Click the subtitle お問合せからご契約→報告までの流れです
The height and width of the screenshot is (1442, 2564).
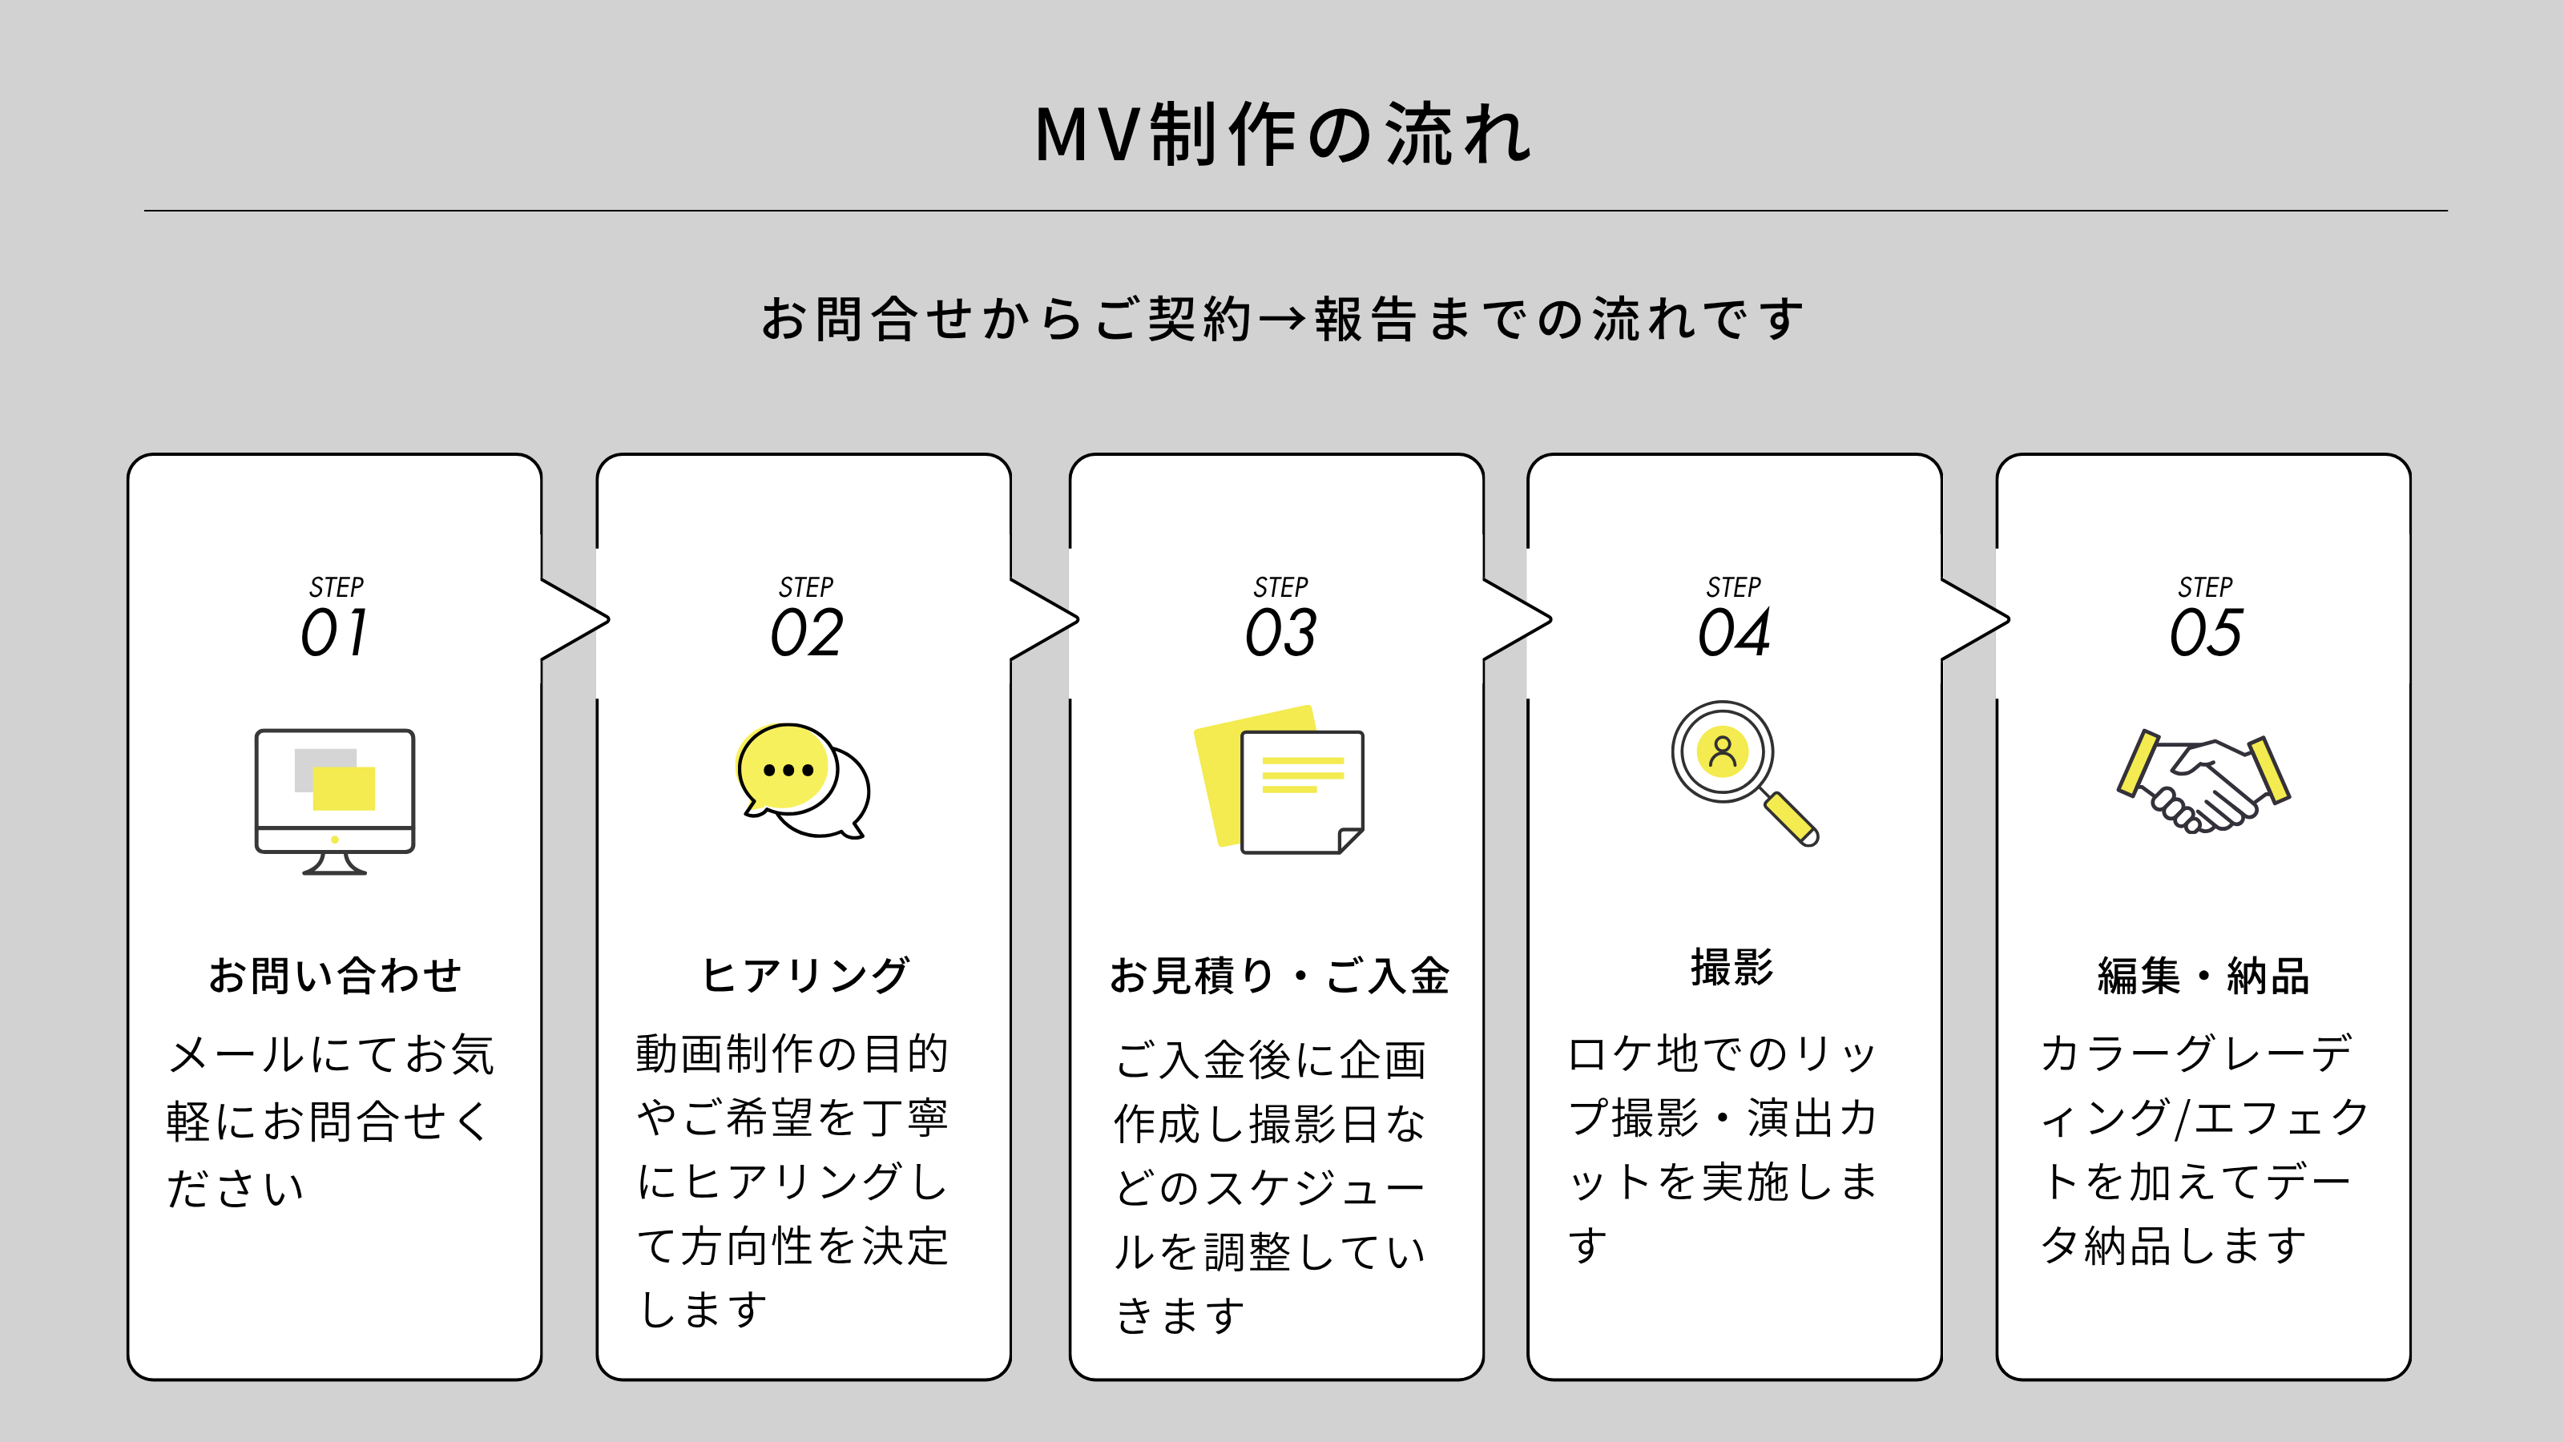tap(1282, 320)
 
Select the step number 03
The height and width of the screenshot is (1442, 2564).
tap(1281, 632)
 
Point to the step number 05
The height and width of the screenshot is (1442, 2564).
tap(2206, 632)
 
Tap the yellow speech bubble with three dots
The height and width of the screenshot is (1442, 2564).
tap(786, 767)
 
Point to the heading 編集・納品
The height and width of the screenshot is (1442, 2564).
tap(2203, 975)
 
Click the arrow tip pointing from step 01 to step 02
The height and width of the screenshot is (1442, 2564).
tap(607, 620)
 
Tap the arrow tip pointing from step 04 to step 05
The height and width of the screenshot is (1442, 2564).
tap(2008, 620)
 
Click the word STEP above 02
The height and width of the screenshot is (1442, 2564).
tap(806, 587)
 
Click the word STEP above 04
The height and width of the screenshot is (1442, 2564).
tap(1734, 587)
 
